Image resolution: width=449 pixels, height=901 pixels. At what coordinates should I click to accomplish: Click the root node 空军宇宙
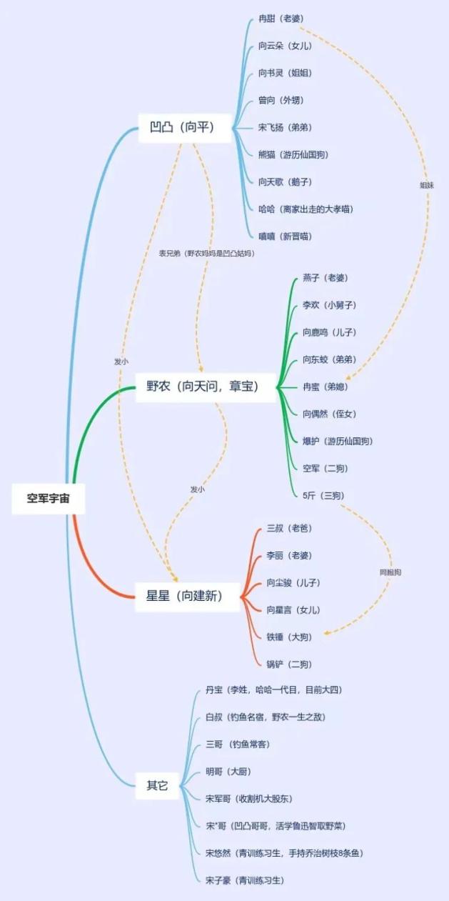[x=49, y=498]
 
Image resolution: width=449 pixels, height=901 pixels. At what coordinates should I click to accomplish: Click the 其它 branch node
[x=157, y=785]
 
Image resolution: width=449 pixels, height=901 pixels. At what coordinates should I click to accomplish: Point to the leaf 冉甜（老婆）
[x=281, y=19]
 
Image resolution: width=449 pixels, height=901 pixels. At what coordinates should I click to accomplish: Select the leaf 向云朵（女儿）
[x=285, y=46]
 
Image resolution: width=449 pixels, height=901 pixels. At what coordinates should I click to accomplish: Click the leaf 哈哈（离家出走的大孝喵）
[x=306, y=209]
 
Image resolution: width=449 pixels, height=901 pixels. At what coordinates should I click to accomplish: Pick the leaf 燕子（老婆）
[x=326, y=278]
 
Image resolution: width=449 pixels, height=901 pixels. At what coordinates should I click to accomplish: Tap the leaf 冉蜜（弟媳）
[x=326, y=387]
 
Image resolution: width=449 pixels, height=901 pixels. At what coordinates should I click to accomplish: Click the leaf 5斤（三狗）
[x=323, y=496]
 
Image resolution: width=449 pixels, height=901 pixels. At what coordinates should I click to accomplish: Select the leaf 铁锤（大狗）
[x=289, y=637]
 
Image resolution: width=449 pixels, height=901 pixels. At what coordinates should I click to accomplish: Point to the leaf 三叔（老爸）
[x=289, y=528]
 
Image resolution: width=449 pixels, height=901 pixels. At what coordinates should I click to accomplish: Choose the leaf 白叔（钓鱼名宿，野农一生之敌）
[x=266, y=717]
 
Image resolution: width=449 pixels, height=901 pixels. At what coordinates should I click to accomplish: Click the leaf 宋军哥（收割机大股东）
[x=249, y=798]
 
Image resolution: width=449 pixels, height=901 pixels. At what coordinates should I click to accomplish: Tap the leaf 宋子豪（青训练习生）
[x=245, y=880]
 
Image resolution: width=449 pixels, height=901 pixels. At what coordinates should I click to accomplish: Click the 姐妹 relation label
[x=427, y=185]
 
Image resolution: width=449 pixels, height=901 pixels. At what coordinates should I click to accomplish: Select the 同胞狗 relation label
[x=390, y=572]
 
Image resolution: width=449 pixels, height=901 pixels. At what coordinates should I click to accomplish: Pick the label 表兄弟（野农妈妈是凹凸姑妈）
[x=206, y=254]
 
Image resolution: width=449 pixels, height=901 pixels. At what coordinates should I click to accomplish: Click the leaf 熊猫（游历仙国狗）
[x=293, y=154]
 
